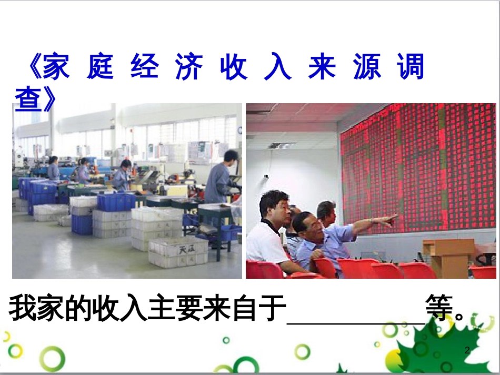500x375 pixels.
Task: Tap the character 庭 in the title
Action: coord(101,67)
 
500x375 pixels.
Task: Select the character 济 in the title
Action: coord(189,67)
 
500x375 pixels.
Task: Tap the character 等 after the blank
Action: coord(440,310)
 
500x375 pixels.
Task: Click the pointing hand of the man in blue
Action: coord(388,219)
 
